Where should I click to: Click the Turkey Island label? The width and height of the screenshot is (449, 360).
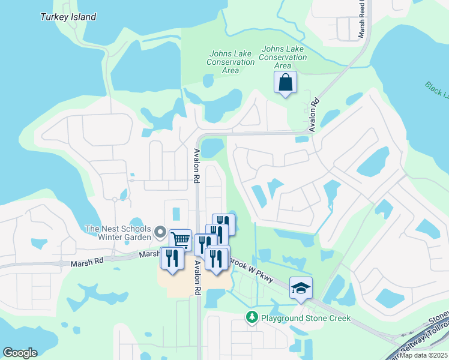tap(68, 17)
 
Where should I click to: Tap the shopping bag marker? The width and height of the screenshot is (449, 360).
tap(285, 82)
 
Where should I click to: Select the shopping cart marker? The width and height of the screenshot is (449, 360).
tap(180, 240)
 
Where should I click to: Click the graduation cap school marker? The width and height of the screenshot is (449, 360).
tap(301, 288)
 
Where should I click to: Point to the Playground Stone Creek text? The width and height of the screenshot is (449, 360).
tap(306, 317)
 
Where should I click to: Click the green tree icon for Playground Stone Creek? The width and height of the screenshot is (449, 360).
tap(252, 317)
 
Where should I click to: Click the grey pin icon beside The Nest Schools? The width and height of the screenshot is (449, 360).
tap(160, 232)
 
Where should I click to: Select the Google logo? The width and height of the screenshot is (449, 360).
tap(20, 353)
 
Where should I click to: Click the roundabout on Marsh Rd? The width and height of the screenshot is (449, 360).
tap(61, 263)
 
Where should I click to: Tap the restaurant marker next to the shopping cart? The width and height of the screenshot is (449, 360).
tap(172, 258)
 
